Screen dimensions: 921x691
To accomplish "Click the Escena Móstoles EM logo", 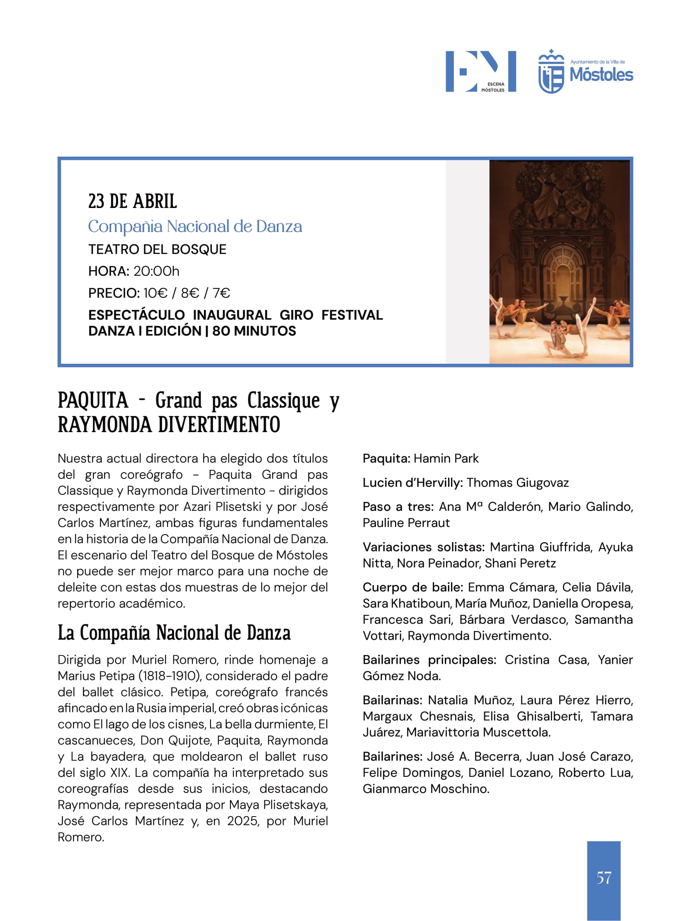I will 480,71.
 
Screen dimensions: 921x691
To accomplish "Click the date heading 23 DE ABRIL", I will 133,201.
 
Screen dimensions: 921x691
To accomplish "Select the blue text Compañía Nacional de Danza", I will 195,227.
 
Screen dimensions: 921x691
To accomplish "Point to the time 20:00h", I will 156,271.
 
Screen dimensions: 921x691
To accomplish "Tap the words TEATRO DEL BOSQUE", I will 157,249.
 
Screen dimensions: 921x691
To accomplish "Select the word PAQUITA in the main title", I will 93,401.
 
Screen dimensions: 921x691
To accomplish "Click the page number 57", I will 604,878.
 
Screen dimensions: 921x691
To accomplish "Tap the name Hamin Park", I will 446,458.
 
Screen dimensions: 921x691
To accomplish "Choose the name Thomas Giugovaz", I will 517,483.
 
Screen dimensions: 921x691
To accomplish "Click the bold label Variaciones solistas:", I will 423,547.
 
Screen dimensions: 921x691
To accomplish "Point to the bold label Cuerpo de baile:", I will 412,587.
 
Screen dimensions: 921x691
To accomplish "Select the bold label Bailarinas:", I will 393,700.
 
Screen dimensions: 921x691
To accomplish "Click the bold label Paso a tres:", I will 398,507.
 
